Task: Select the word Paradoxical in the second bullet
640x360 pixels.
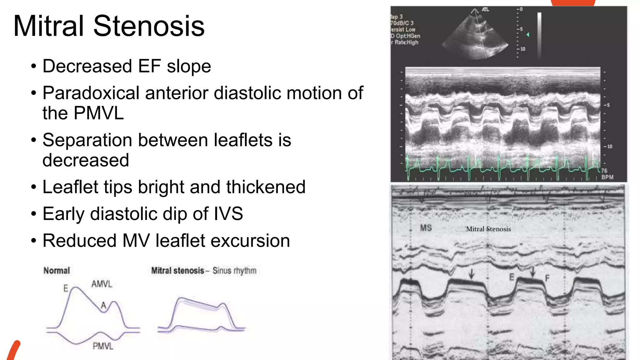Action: point(91,93)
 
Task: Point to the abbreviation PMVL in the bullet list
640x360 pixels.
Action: point(99,113)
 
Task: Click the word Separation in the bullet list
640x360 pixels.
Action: point(87,140)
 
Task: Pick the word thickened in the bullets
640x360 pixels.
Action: point(266,187)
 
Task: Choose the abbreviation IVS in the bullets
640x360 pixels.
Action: point(228,214)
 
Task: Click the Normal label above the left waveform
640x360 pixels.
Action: point(57,271)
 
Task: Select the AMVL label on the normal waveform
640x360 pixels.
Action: point(102,284)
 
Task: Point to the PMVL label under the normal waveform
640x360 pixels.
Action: point(103,346)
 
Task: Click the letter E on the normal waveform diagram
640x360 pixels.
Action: point(66,288)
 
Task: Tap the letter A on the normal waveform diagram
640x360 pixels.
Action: point(103,305)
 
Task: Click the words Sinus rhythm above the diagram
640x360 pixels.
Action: point(234,271)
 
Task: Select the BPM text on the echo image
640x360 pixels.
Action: point(607,177)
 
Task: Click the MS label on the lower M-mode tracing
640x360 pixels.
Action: point(426,228)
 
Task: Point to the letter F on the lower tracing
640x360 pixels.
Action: point(547,278)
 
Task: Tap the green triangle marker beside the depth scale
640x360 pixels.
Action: point(528,35)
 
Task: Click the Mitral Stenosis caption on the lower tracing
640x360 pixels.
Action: point(488,229)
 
